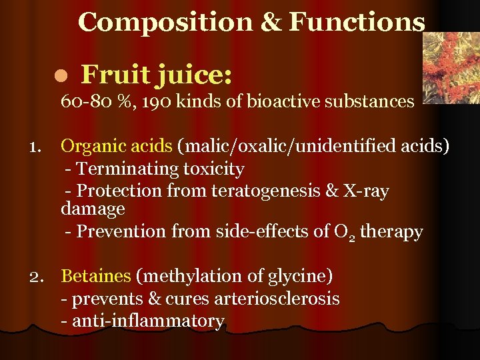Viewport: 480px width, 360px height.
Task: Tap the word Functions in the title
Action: [357, 22]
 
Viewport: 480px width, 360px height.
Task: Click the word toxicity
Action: [209, 169]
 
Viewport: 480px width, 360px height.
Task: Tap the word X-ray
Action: [365, 191]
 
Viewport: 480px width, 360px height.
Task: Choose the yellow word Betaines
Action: [96, 275]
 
